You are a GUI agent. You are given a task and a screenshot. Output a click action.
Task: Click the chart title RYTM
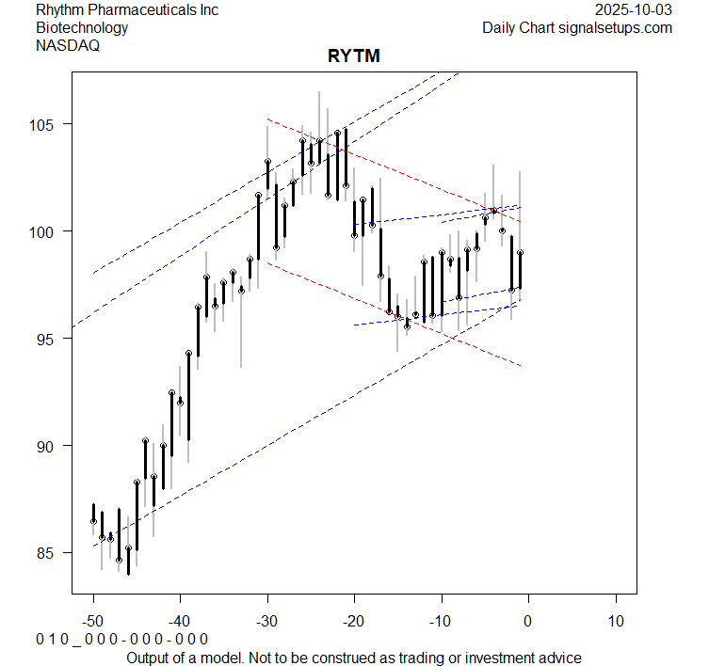(354, 56)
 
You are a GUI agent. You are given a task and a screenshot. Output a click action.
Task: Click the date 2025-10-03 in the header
(635, 9)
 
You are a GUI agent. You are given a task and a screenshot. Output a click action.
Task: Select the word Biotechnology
(82, 27)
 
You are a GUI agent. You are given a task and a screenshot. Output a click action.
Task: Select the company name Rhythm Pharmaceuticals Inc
(127, 9)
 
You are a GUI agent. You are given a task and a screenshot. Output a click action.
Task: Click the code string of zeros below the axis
(121, 639)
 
